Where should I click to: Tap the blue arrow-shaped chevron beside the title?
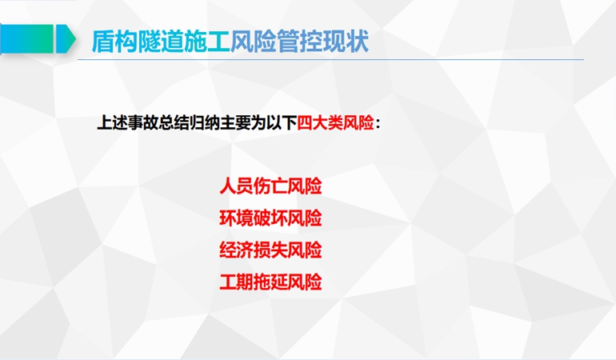[66, 38]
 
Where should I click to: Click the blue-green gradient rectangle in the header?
[26, 38]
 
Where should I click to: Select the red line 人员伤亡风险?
[270, 186]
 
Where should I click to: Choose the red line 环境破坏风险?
[270, 218]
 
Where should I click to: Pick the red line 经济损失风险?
[270, 250]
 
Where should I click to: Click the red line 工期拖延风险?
[270, 282]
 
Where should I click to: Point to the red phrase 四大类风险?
[335, 123]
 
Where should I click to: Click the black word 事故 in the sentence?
[143, 123]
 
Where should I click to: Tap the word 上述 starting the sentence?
[112, 123]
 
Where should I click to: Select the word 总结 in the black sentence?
[174, 123]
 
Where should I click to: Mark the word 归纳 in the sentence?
[204, 123]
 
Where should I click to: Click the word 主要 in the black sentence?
[235, 123]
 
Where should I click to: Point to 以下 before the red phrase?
[282, 123]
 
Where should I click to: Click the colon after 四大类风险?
[378, 124]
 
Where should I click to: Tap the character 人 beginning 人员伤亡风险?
[228, 186]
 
